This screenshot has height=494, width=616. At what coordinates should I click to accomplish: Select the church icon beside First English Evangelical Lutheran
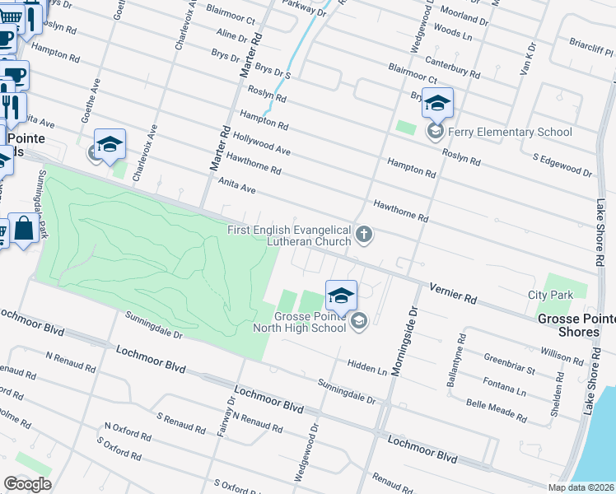363,237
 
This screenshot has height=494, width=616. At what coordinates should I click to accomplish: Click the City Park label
549,294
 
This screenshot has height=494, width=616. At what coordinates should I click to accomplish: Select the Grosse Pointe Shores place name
576,325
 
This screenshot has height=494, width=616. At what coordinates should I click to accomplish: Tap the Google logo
27,484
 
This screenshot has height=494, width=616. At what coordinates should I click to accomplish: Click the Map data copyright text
581,487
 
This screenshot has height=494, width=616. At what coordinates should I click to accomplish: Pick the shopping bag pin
25,228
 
